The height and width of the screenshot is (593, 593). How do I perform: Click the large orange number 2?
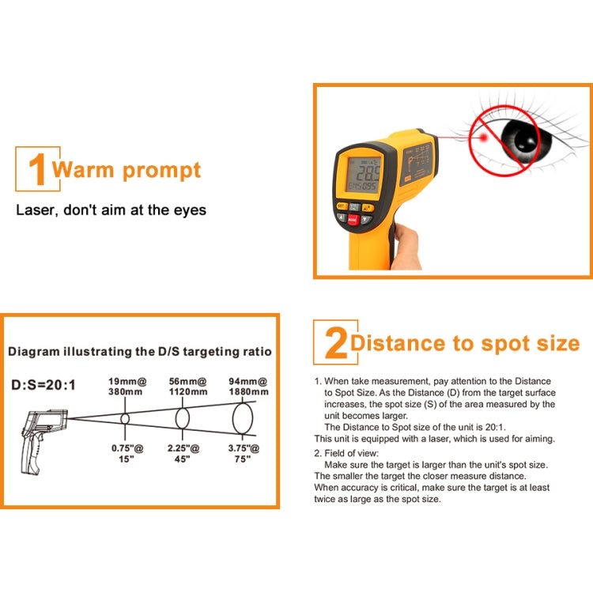(335, 344)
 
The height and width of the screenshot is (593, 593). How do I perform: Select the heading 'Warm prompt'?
(127, 170)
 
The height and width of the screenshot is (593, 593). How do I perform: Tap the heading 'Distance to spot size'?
(465, 343)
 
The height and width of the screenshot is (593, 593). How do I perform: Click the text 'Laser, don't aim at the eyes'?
(111, 210)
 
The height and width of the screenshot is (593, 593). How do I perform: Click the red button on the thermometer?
(353, 219)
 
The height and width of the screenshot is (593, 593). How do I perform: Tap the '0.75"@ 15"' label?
(125, 453)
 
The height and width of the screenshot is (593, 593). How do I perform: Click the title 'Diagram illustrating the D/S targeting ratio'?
(140, 351)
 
